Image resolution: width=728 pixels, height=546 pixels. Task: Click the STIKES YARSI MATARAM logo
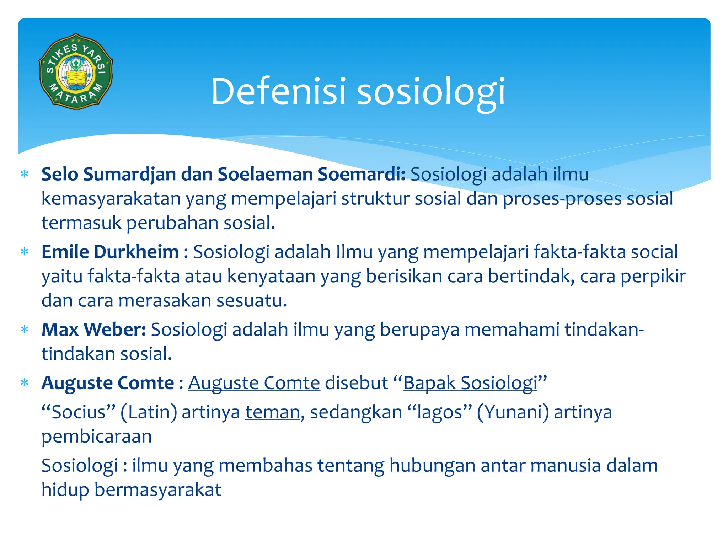(76, 71)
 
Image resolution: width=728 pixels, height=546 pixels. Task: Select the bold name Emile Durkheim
(110, 252)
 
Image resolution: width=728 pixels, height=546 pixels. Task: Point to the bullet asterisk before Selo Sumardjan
(25, 175)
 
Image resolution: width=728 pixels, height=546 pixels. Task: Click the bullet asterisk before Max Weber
(25, 330)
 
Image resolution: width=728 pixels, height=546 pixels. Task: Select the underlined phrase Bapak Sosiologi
(470, 383)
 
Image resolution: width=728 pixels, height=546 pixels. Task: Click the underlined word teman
(273, 412)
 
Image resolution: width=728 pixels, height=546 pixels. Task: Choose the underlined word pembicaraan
(97, 437)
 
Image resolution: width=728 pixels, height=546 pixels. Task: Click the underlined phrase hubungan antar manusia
(495, 466)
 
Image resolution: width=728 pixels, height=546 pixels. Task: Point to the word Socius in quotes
(79, 412)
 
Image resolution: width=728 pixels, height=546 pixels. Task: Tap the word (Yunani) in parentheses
(513, 412)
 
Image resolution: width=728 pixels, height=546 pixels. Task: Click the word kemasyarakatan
(111, 199)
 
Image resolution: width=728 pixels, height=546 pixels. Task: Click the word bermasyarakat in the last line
(157, 490)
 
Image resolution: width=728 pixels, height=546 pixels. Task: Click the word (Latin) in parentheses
(149, 412)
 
